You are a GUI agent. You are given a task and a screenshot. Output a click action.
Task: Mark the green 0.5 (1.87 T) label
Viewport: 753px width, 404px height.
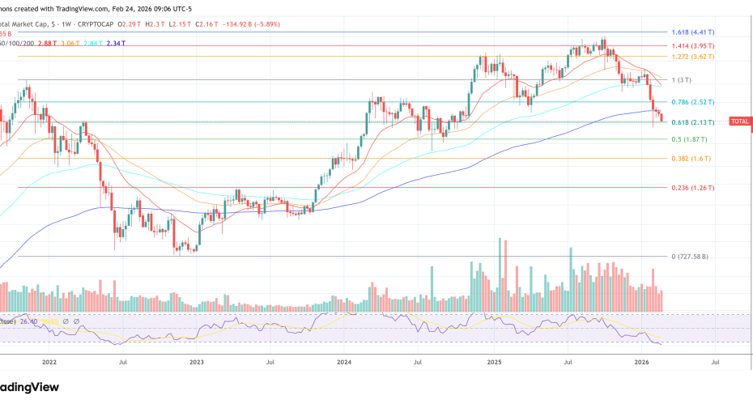pyautogui.click(x=687, y=139)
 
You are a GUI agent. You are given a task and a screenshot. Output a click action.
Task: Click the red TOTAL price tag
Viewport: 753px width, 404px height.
pyautogui.click(x=740, y=121)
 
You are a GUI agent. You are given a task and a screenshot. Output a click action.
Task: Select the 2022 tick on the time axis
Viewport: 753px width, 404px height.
pyautogui.click(x=49, y=363)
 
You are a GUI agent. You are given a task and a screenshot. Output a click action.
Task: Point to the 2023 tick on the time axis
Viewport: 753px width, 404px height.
pyautogui.click(x=197, y=363)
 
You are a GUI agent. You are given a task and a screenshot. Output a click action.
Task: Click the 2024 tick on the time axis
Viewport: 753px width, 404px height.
pyautogui.click(x=344, y=363)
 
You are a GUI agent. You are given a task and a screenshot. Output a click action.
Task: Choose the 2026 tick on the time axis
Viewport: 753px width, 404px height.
pyautogui.click(x=641, y=363)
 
